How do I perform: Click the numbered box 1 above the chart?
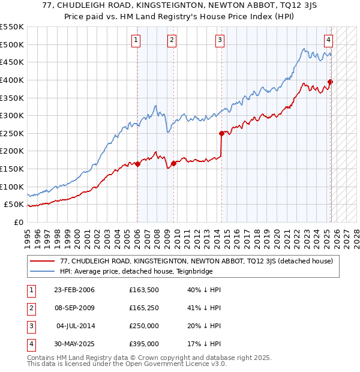click(137, 40)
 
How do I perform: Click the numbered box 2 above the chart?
click(172, 40)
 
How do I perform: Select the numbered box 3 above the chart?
click(220, 40)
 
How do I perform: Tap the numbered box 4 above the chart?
click(329, 40)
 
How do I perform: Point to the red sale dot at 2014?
click(221, 133)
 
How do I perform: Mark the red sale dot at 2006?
click(137, 164)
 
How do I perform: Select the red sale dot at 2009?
click(173, 163)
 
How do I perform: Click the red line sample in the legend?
click(42, 261)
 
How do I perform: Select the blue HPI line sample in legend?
click(42, 271)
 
